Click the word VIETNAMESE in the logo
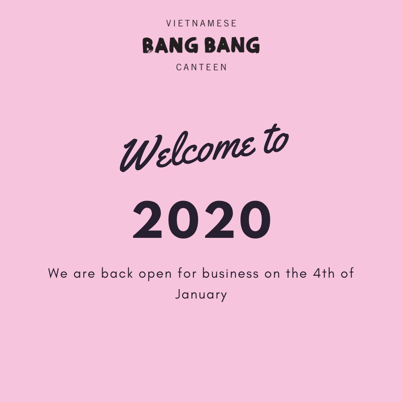201,23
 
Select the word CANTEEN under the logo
201,67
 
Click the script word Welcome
188,153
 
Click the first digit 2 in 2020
148,220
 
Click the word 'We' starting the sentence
58,274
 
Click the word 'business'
230,274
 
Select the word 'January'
201,295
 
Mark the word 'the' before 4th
296,274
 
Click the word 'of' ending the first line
347,274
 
